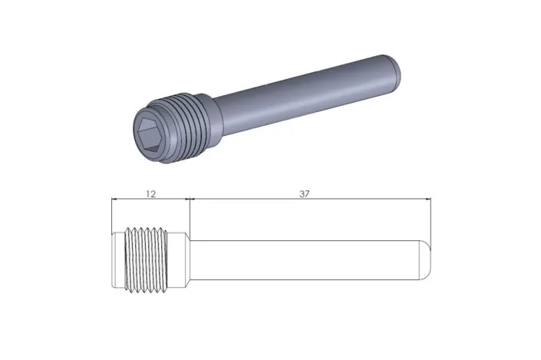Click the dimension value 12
pos(150,194)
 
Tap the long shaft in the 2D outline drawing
pos(307,259)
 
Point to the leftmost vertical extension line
pos(112,219)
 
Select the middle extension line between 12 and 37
pos(190,219)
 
